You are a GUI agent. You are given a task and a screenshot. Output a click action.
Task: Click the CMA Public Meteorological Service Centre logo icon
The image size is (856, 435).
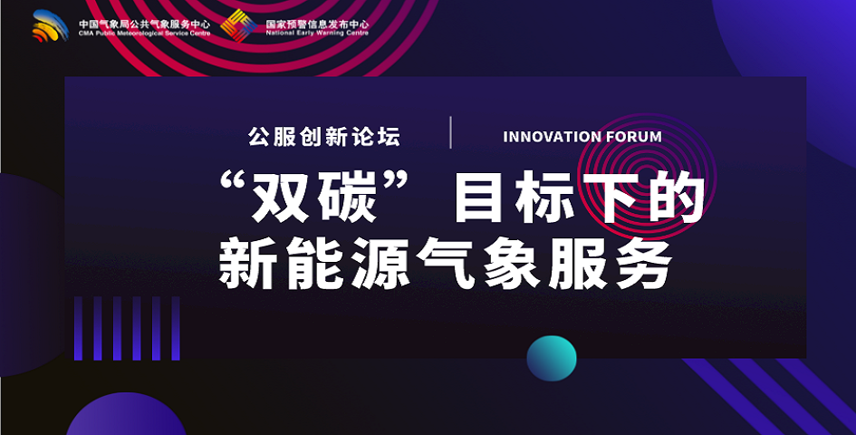[50, 25]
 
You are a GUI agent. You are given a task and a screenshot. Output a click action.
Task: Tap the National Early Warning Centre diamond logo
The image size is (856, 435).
[238, 25]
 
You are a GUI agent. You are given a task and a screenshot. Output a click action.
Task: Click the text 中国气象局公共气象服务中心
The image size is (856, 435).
[144, 24]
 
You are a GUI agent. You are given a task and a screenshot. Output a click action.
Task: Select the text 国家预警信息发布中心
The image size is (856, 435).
[317, 24]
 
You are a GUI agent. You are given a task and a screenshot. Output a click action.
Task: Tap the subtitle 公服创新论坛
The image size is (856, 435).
[324, 137]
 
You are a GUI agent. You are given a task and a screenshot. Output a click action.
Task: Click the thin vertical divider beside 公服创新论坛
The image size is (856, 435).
[450, 132]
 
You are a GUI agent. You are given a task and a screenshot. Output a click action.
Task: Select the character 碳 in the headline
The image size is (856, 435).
[347, 197]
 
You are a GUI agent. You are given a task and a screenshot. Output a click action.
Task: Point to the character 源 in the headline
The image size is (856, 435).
[381, 263]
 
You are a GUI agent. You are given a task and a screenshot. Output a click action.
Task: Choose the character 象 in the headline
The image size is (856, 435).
[514, 263]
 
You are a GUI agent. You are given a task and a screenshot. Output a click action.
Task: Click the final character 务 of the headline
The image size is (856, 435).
[642, 263]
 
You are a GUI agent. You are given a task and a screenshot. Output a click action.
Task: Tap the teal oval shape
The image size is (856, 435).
[552, 358]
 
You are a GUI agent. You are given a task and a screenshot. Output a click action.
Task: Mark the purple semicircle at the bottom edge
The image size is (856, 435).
[126, 413]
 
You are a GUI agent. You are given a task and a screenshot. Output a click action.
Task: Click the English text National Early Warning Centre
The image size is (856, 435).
[317, 33]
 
